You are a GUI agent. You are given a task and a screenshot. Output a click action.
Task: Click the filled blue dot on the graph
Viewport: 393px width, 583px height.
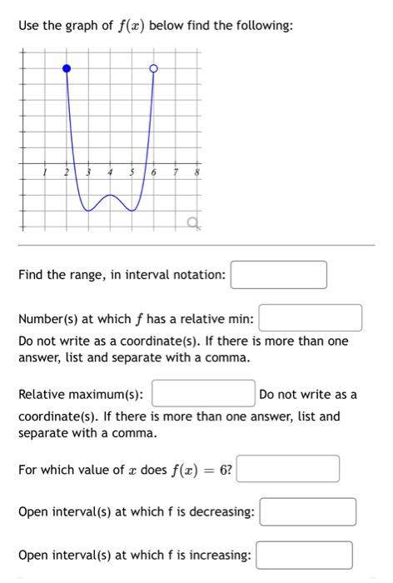(x=67, y=67)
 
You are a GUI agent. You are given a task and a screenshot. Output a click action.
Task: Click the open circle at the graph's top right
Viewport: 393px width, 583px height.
(x=152, y=67)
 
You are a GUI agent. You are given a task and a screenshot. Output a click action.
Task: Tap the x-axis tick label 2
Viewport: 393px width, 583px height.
(x=68, y=172)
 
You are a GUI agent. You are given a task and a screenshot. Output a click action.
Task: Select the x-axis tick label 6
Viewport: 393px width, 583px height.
(x=154, y=172)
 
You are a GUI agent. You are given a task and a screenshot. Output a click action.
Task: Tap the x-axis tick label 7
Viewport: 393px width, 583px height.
(x=176, y=172)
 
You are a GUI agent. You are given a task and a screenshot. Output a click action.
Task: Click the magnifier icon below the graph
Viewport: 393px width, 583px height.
(x=192, y=221)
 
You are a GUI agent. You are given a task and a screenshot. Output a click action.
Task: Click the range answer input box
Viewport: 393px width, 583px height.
(x=278, y=275)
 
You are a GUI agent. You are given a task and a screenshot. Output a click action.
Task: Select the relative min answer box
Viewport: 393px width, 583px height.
(x=311, y=318)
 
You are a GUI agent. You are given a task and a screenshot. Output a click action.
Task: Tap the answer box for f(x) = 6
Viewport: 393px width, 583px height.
(x=288, y=469)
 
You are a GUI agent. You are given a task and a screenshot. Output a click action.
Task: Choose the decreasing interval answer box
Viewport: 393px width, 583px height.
(x=307, y=511)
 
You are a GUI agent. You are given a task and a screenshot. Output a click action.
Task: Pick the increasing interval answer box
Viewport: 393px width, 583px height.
(x=304, y=555)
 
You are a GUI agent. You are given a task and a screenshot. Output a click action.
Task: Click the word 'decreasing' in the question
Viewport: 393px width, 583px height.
(x=222, y=511)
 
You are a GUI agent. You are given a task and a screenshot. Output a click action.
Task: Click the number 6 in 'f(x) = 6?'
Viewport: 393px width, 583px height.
(x=224, y=470)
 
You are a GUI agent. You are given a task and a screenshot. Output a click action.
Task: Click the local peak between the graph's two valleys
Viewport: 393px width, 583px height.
(x=111, y=196)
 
